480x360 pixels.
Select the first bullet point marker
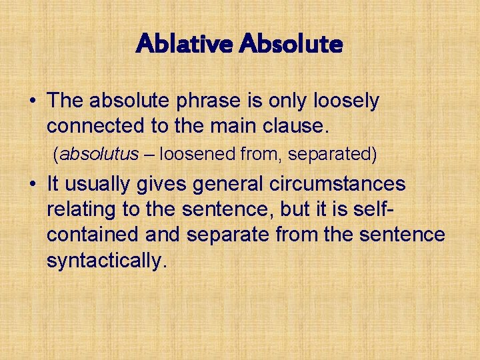pos(32,102)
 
